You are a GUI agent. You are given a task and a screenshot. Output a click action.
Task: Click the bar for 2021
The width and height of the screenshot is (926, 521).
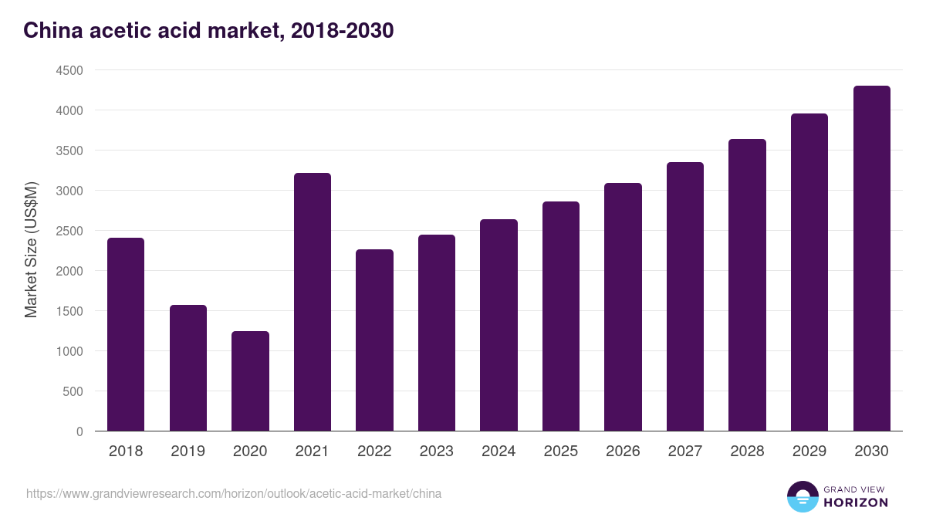(x=313, y=302)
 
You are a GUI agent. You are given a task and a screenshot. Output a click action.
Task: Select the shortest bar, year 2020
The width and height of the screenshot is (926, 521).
(x=250, y=381)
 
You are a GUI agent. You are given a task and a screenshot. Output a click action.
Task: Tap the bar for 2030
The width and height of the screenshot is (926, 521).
(x=871, y=258)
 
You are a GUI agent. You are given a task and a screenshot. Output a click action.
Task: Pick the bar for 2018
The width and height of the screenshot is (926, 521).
(x=126, y=334)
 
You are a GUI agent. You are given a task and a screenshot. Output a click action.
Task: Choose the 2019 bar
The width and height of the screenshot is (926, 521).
(x=188, y=367)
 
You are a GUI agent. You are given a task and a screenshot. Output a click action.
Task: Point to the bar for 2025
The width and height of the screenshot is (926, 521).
(x=561, y=316)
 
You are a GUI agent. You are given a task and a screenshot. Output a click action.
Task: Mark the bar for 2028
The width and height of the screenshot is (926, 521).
(x=747, y=285)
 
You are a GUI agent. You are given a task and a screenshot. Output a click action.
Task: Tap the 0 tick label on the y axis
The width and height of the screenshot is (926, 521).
(x=79, y=431)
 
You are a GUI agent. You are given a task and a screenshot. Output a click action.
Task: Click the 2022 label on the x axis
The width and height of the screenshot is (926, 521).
(x=374, y=452)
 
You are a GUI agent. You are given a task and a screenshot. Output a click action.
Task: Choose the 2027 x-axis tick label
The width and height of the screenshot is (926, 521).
(x=684, y=452)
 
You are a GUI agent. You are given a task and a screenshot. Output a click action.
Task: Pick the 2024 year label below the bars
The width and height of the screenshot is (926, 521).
(x=498, y=452)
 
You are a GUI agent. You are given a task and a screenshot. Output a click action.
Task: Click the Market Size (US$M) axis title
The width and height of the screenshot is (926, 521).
(x=31, y=251)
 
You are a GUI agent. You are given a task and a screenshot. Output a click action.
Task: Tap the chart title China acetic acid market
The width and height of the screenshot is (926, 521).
(x=208, y=30)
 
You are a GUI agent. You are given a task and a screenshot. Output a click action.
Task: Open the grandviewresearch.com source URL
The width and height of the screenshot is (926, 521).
(x=234, y=493)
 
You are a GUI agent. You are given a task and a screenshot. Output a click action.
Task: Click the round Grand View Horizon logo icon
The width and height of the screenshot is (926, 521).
(x=803, y=497)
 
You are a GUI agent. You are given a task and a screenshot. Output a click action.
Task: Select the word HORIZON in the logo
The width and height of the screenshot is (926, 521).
(x=857, y=502)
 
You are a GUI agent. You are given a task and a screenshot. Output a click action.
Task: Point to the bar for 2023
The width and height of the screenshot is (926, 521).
(x=437, y=333)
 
